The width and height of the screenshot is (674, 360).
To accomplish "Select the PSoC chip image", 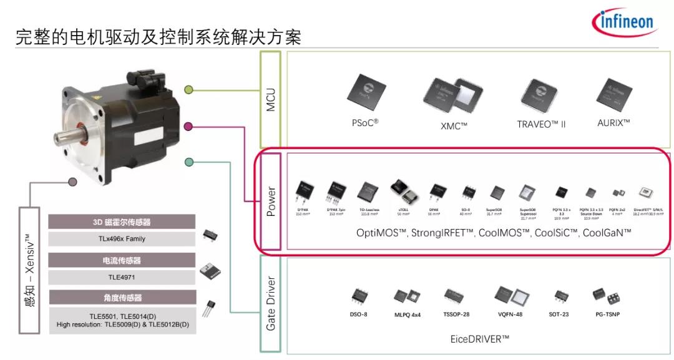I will tap(366, 91).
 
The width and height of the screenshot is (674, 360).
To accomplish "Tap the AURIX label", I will tap(613, 122).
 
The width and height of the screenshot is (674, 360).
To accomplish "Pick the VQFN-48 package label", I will tap(507, 314).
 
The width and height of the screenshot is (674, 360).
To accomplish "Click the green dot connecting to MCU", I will tap(188, 90).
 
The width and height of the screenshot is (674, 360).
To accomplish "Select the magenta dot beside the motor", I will tap(188, 127).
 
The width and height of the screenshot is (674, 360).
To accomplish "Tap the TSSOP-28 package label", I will tap(456, 314).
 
